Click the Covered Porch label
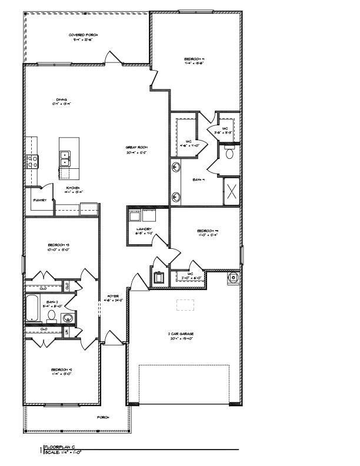point(84,35)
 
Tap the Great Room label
point(135,147)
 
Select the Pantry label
point(39,201)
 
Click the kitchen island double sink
point(65,157)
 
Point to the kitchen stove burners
point(31,159)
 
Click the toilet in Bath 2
point(52,316)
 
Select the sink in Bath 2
point(68,318)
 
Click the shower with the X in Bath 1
point(231,191)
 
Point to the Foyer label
point(113,296)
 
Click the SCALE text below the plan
point(52,452)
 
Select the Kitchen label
point(73,188)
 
